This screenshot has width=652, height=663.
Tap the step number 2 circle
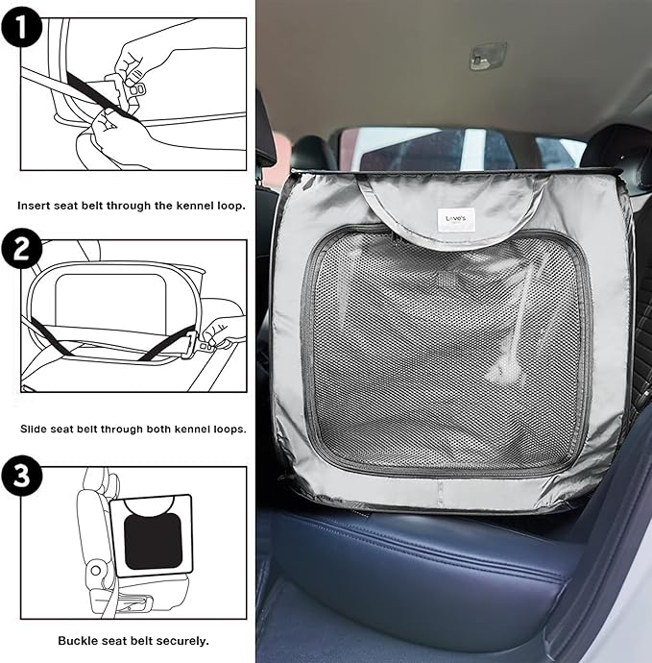21,248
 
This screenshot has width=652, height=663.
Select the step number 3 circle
21,476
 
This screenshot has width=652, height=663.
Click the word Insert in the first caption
33,206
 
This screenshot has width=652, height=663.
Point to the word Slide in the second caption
34,429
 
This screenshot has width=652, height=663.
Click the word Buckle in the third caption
76,641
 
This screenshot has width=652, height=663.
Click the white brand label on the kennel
456,219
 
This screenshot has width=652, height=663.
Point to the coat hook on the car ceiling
487,55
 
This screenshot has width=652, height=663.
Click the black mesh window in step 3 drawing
153,542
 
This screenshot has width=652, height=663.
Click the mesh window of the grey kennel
445,351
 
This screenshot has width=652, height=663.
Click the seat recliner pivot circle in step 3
96,571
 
